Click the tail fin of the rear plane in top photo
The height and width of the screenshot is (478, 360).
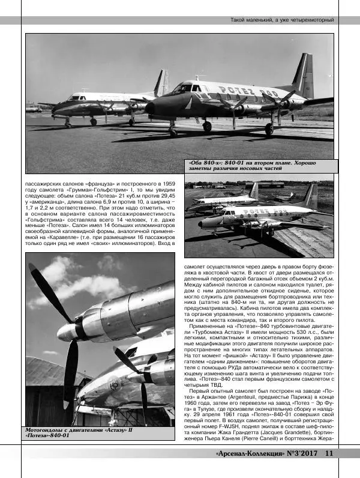click(162, 82)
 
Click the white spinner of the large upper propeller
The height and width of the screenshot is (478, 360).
click(67, 331)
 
